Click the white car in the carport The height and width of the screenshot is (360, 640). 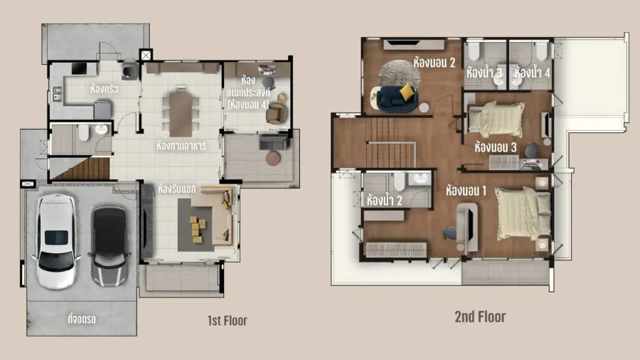pos(56,242)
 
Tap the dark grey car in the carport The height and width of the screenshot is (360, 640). pos(109,245)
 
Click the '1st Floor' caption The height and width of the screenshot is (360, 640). pos(228,321)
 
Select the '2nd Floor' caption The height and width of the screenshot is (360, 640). pos(480,317)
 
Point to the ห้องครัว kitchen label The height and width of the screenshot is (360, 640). pos(104,88)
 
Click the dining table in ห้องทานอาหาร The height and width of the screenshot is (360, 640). pos(181,113)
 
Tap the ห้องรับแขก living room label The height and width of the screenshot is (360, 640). pos(177,189)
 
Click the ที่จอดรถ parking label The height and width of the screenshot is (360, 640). pos(82,319)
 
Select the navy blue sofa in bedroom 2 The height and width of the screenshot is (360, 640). pos(397,99)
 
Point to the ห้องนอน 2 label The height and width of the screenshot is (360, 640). pos(434,63)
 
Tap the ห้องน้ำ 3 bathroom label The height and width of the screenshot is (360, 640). pos(484,73)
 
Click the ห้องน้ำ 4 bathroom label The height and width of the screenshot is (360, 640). pos(532,73)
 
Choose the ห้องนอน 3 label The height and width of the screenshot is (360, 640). pos(496,147)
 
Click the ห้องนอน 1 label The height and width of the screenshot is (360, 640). pos(466,191)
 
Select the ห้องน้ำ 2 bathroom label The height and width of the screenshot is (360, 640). pos(385,201)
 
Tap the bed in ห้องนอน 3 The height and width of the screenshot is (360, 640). pos(496,120)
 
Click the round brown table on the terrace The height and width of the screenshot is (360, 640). pos(273,159)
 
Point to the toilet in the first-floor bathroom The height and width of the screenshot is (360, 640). pos(84,133)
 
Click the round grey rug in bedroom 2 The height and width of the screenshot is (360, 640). pos(399,74)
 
